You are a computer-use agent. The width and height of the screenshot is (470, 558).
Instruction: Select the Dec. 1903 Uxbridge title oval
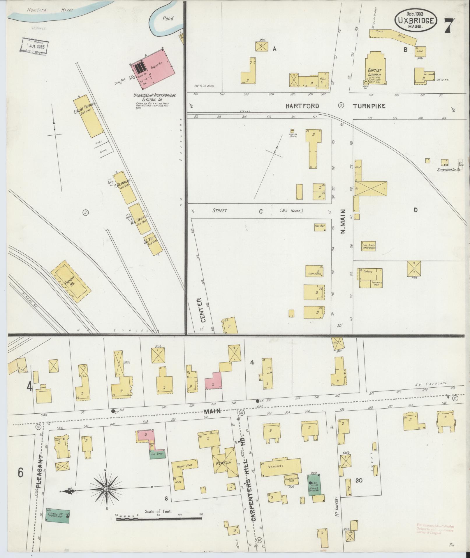click(416, 20)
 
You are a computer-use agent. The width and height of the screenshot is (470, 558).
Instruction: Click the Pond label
click(168, 18)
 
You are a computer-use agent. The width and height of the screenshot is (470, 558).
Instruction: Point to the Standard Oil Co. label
click(448, 169)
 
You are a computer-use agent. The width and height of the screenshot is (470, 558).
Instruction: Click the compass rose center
click(106, 489)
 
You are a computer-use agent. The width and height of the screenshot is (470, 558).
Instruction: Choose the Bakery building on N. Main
click(369, 278)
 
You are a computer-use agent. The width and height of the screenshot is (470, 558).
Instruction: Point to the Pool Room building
click(320, 227)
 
